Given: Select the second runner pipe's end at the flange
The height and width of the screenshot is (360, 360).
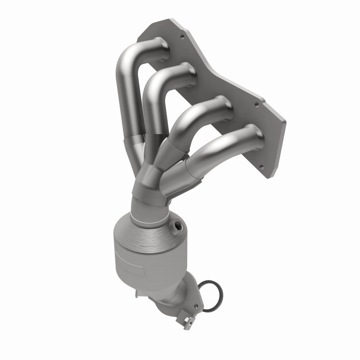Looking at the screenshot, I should click(x=188, y=72).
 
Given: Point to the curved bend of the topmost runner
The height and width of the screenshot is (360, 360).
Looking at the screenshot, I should click(x=128, y=58).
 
